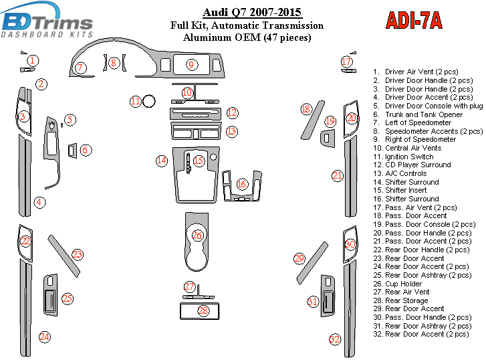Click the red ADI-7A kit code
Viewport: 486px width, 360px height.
414,21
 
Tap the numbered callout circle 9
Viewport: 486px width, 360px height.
191,65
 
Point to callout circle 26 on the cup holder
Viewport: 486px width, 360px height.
198,236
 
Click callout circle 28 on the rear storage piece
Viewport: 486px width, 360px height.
203,310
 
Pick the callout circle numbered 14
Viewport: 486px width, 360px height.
162,161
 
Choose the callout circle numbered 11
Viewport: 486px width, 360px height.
136,102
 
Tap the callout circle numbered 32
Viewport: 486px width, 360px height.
335,340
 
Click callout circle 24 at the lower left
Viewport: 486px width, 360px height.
44,337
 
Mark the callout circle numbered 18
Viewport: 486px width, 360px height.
306,109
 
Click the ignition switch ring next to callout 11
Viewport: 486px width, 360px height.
150,102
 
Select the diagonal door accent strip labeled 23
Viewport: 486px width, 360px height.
64,255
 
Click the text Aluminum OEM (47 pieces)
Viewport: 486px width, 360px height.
247,37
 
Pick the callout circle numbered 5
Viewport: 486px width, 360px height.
70,120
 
